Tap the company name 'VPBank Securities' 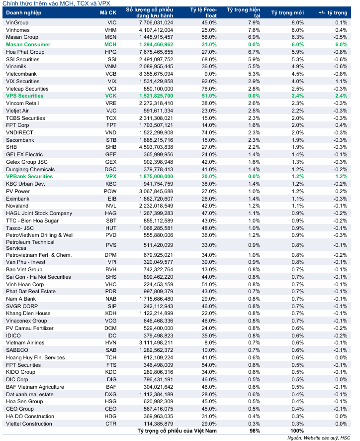(29, 176)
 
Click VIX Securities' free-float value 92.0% (202, 81)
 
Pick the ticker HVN (111, 342)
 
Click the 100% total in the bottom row (296, 431)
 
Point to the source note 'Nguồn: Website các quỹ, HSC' (318, 438)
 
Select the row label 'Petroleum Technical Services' (30, 245)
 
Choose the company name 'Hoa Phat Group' (25, 52)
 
